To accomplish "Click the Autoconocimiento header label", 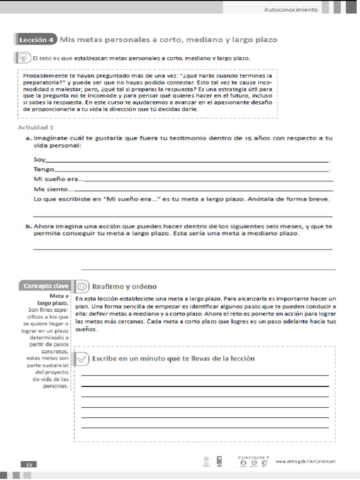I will pyautogui.click(x=291, y=9).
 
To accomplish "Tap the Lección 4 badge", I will pyautogui.click(x=36, y=40).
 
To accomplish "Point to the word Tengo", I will pyautogui.click(x=44, y=169).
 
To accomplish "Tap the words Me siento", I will pyautogui.click(x=52, y=189).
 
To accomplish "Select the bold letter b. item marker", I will pyautogui.click(x=29, y=226).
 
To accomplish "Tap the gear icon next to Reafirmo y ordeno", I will pyautogui.click(x=82, y=286).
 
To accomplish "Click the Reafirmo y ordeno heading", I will pyautogui.click(x=124, y=286).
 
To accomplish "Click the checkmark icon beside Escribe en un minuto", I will pyautogui.click(x=82, y=359).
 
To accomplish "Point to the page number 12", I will pyautogui.click(x=29, y=464).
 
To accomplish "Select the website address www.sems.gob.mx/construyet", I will pyautogui.click(x=306, y=461).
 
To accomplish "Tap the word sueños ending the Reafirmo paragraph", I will pyautogui.click(x=85, y=330).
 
